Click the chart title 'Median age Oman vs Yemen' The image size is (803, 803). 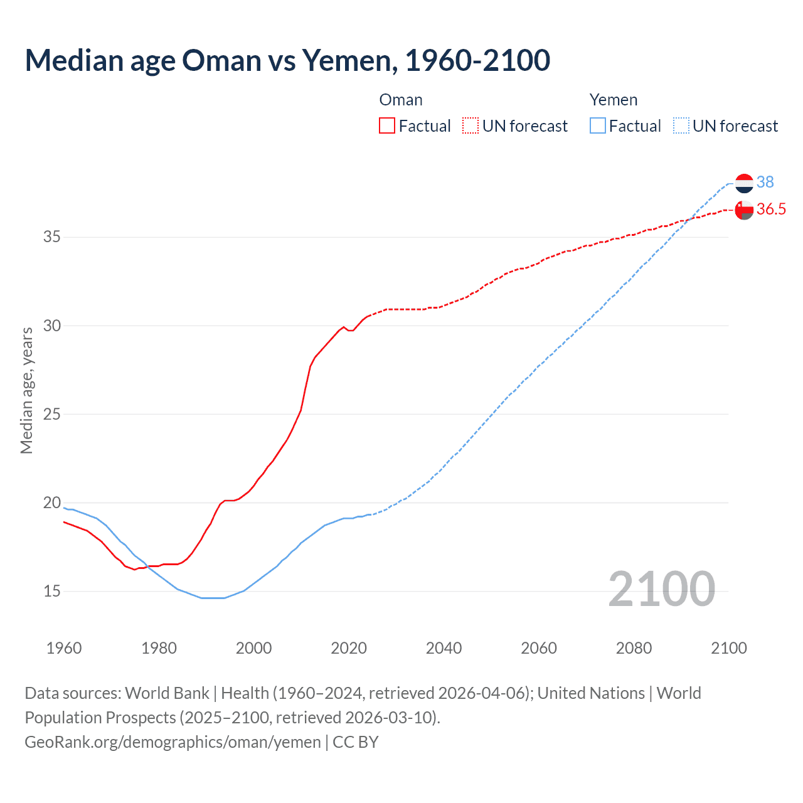287,60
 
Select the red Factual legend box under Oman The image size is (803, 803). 387,125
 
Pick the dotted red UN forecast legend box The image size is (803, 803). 471,125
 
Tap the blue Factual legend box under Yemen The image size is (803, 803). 598,125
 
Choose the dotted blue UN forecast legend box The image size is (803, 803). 681,125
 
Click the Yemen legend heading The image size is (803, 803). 613,100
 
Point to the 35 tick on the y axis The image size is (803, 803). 52,237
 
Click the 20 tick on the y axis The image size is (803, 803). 52,503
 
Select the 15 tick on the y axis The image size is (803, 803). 52,591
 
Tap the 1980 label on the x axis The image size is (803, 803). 159,648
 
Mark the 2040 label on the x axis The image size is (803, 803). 444,648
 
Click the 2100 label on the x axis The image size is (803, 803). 728,648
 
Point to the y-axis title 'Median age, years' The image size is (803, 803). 26,390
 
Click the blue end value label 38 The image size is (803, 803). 765,182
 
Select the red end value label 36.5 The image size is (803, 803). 771,210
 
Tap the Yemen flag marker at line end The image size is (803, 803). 744,183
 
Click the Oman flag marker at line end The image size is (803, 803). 744,210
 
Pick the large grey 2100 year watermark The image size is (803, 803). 661,588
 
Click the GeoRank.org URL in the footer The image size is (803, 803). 173,742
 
